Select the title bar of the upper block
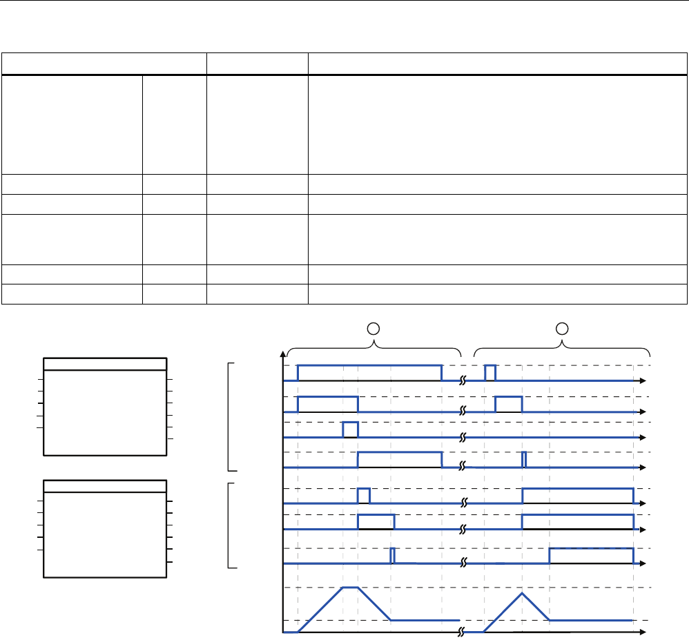(x=105, y=364)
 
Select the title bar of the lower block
(x=105, y=485)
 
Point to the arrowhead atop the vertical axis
(x=282, y=355)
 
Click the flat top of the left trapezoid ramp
(x=350, y=588)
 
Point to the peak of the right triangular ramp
(x=522, y=593)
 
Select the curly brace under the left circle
(x=374, y=342)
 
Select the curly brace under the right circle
(x=563, y=342)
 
